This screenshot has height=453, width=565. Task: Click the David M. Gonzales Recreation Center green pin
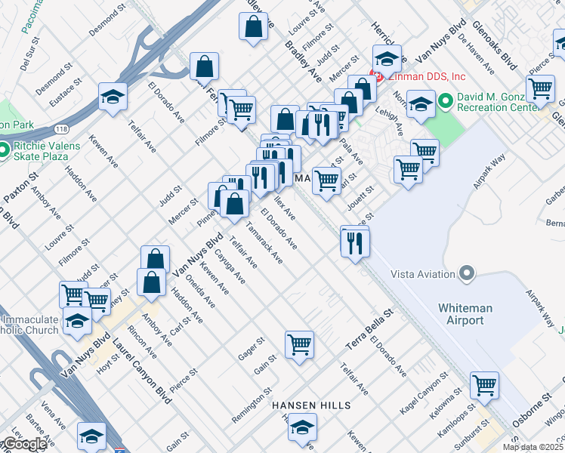click(x=446, y=100)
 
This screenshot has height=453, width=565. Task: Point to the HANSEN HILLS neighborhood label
click(x=311, y=406)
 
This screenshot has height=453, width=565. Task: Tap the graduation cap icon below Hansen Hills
click(x=302, y=427)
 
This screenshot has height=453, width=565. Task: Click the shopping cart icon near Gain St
click(x=300, y=345)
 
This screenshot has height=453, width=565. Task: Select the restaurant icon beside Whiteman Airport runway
click(x=353, y=242)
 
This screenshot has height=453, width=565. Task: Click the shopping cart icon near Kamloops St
click(x=484, y=384)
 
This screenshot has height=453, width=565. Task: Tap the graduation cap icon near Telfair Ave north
click(x=113, y=97)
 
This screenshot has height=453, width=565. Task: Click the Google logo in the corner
click(x=25, y=445)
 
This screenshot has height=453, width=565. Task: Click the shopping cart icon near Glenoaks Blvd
click(x=541, y=89)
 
